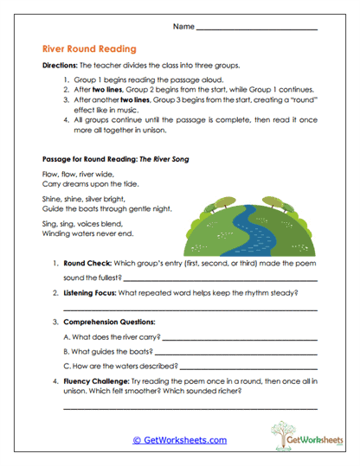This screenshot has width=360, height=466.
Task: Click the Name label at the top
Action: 183,27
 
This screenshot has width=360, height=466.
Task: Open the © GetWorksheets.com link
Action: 179,440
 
